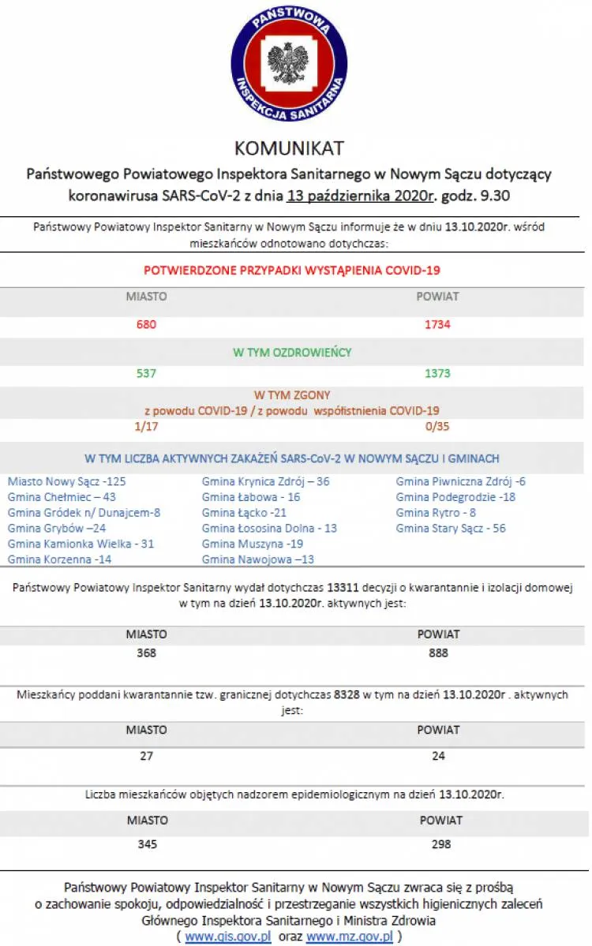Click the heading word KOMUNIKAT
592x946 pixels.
(289, 148)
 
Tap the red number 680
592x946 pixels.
(147, 324)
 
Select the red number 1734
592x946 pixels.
(438, 324)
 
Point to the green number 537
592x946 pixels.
(147, 373)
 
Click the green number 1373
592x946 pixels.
(438, 373)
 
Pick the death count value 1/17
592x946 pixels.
(147, 426)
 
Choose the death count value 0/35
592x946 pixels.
(438, 426)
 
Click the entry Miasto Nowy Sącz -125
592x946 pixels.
(67, 480)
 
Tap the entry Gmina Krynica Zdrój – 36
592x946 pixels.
(266, 480)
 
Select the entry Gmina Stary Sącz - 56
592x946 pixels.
(451, 528)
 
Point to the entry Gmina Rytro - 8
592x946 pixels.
(436, 512)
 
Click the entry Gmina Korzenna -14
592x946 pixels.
(60, 559)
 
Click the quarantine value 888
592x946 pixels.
(438, 652)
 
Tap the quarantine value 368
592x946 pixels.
(147, 652)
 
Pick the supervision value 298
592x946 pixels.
(441, 843)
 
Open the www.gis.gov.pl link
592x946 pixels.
(228, 936)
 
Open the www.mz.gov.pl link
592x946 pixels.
(350, 936)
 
